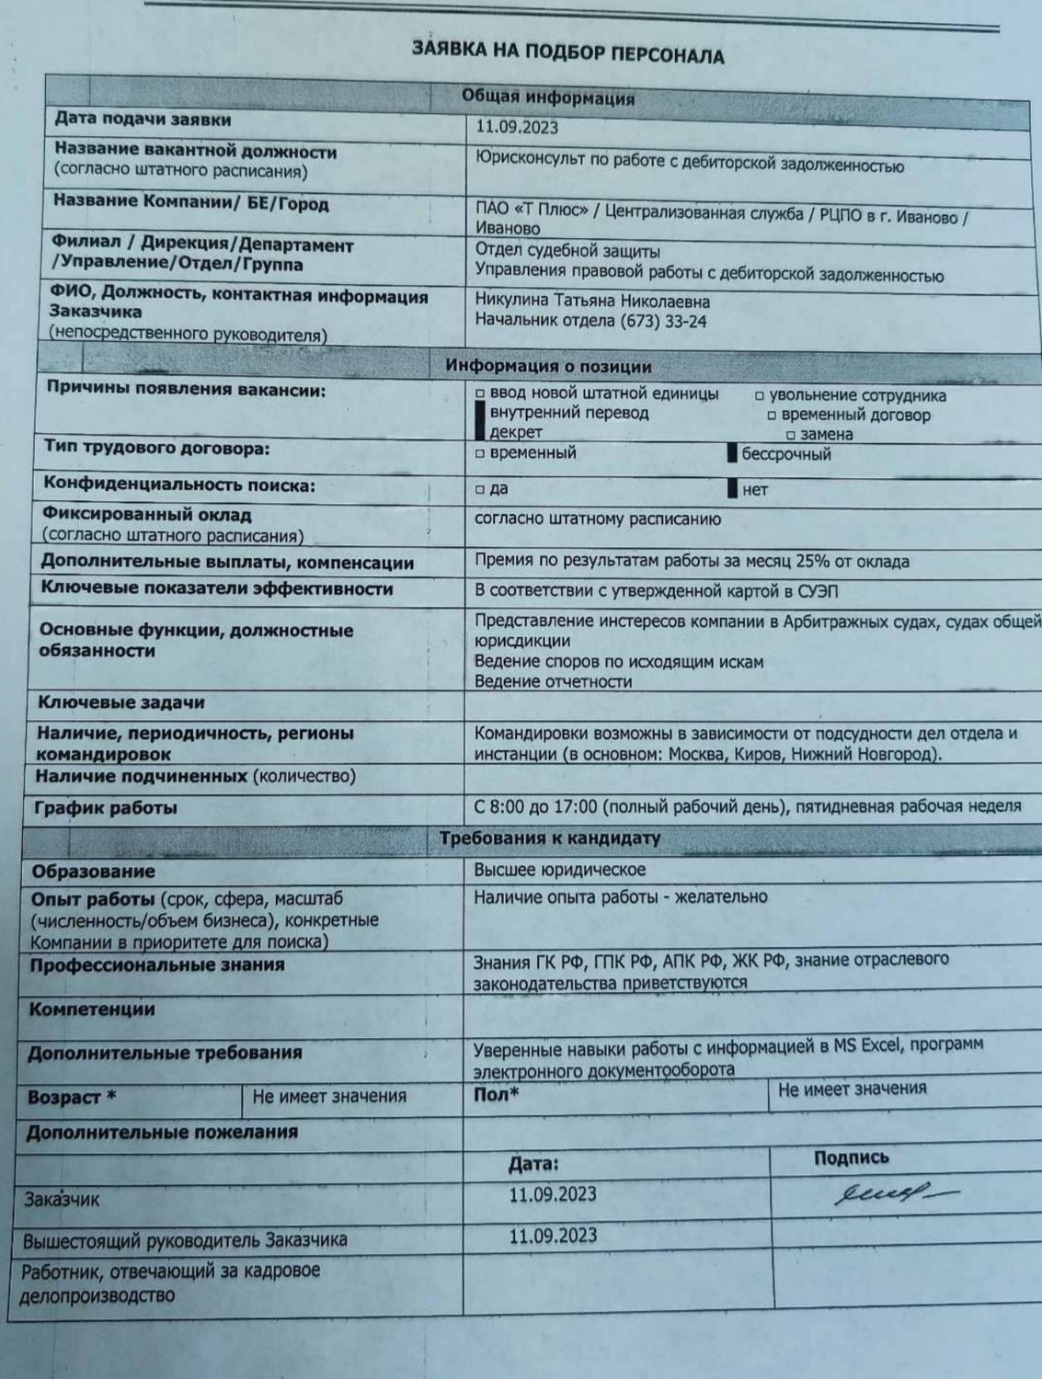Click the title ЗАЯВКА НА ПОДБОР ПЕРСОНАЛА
(568, 52)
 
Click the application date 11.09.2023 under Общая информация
(517, 129)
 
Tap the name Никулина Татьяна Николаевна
(592, 302)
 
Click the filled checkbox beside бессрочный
(732, 453)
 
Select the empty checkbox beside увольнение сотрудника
(760, 396)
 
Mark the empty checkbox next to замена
(791, 435)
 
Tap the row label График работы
(106, 809)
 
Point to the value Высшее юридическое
(559, 870)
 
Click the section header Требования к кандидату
(549, 838)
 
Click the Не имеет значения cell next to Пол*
(852, 1090)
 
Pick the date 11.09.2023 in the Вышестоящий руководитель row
(553, 1236)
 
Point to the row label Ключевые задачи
(120, 703)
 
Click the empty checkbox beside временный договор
(772, 416)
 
